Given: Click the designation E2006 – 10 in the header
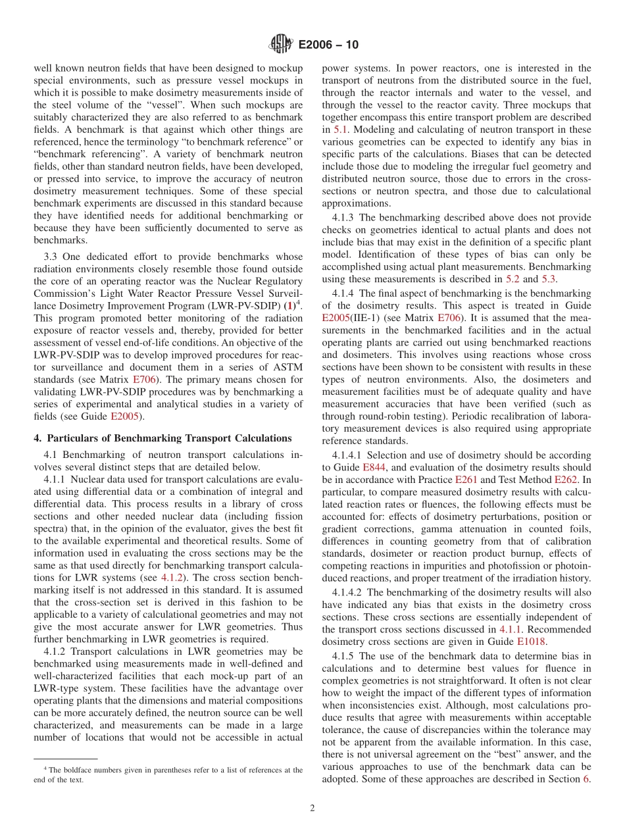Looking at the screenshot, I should [x=328, y=45].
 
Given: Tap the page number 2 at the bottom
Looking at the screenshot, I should [x=312, y=808].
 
